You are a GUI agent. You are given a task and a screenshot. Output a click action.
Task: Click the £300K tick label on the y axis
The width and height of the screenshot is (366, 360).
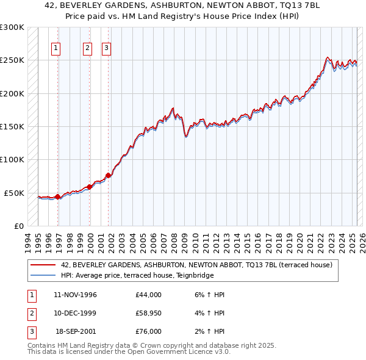click(12, 27)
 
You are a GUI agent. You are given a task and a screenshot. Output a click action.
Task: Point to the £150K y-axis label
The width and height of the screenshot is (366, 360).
click(12, 127)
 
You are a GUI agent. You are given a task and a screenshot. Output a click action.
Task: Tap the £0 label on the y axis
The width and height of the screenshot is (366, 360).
click(18, 226)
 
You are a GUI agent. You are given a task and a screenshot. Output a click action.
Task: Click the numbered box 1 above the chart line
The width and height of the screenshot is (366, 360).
click(56, 48)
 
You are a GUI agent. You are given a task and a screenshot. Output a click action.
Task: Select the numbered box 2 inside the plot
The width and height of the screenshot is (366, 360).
click(87, 48)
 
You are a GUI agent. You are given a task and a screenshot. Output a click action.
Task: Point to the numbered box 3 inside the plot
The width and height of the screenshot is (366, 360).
click(106, 48)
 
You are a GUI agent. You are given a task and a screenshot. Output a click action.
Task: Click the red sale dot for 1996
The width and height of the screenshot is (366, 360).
click(57, 196)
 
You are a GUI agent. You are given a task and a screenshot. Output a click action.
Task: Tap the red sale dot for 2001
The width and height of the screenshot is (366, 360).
click(108, 176)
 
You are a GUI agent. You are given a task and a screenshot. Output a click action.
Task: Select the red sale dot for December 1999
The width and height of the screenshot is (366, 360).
click(90, 187)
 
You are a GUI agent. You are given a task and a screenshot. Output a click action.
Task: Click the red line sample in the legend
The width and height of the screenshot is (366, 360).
click(43, 265)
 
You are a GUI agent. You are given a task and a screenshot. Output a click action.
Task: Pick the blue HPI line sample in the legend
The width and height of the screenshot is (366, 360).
click(43, 275)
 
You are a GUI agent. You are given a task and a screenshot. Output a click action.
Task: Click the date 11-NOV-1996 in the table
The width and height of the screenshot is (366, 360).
click(76, 295)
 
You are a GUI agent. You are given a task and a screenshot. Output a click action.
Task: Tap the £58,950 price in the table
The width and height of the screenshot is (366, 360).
click(149, 313)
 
